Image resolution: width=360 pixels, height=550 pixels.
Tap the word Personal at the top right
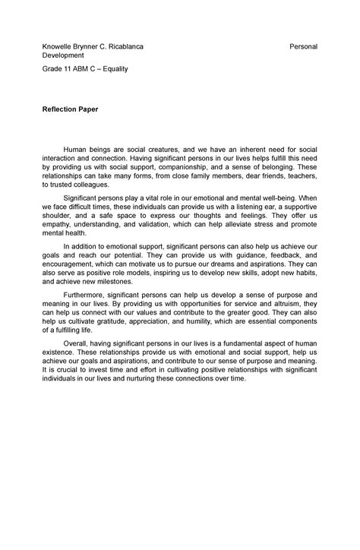tap(303, 47)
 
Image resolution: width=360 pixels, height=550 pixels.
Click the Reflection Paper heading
tap(70, 109)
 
